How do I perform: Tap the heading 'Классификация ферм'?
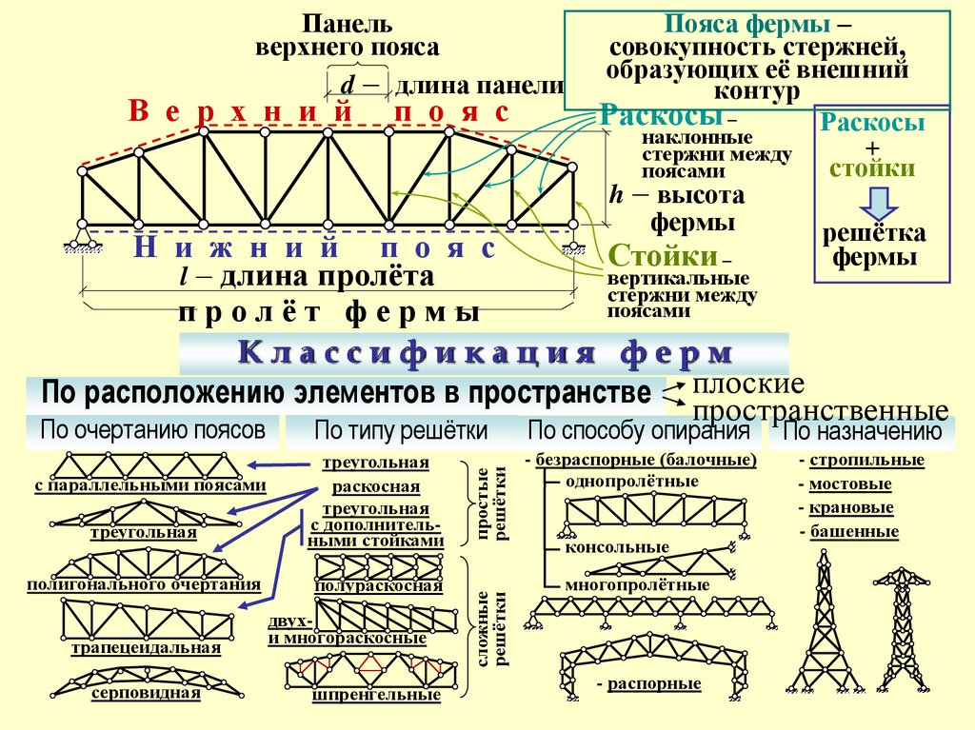click(485, 354)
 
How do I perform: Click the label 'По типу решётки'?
click(401, 431)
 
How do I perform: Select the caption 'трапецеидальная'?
click(146, 648)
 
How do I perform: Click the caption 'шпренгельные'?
click(377, 696)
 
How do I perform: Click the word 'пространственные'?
click(821, 411)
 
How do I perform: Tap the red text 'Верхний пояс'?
click(318, 111)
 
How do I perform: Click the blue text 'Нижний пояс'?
click(315, 249)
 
